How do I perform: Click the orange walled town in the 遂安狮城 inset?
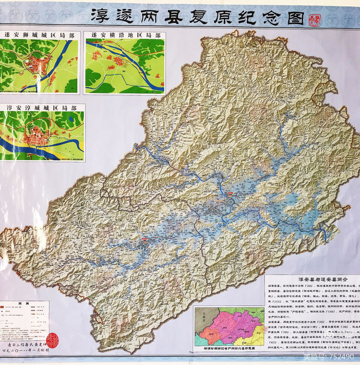tap(38, 64)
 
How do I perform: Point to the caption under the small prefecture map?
tap(228, 349)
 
